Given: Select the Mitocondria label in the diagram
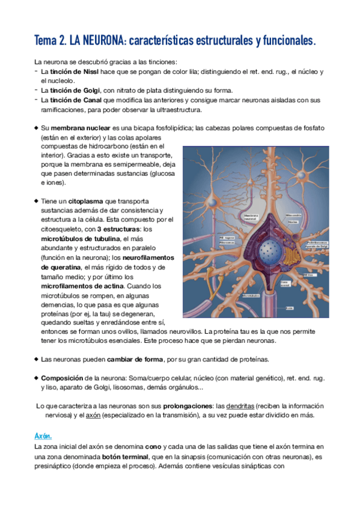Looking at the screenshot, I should tap(294, 215).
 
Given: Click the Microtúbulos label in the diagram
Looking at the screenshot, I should tap(251, 295).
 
